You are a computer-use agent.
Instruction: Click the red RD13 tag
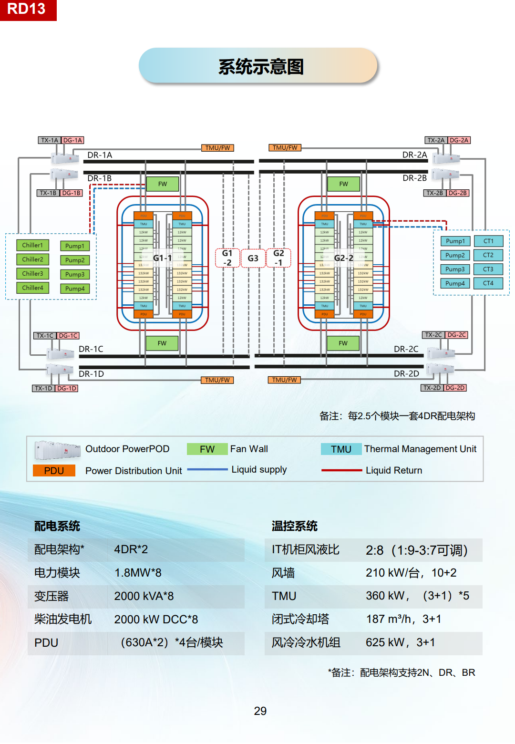point(28,10)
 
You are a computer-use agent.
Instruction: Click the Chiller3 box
point(32,274)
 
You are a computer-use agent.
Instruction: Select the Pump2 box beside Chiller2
point(75,260)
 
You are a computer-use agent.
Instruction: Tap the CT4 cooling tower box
point(488,283)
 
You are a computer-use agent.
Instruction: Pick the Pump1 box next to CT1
point(455,241)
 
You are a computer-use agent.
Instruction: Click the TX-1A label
point(49,140)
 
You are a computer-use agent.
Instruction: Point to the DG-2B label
point(458,193)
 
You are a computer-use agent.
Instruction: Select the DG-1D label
point(67,388)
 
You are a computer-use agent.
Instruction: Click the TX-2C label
point(433,335)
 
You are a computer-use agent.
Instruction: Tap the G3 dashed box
point(253,258)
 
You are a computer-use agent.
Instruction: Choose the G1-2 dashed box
point(227,258)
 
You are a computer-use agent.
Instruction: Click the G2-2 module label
point(343,258)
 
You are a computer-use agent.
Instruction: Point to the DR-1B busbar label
point(100,178)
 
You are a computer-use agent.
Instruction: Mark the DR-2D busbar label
point(406,373)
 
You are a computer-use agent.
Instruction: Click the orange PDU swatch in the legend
point(54,471)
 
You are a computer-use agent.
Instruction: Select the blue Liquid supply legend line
point(207,470)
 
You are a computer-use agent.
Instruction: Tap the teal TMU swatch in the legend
point(341,449)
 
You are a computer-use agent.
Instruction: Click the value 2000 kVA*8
point(144,596)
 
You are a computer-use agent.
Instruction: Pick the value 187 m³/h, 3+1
point(403,619)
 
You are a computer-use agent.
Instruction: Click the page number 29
point(260,711)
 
